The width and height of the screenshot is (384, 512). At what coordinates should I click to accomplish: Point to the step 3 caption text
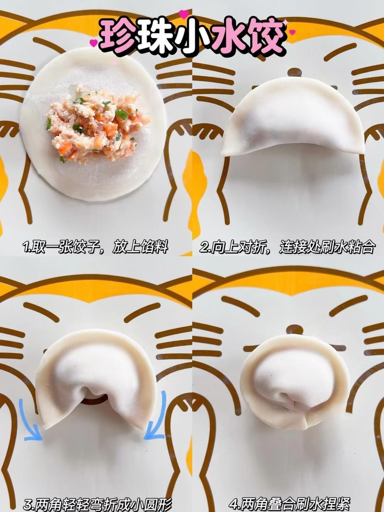[x=98, y=503]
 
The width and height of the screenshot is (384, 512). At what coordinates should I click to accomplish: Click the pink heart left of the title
[x=94, y=42]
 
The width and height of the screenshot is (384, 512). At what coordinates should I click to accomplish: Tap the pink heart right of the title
[x=293, y=32]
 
